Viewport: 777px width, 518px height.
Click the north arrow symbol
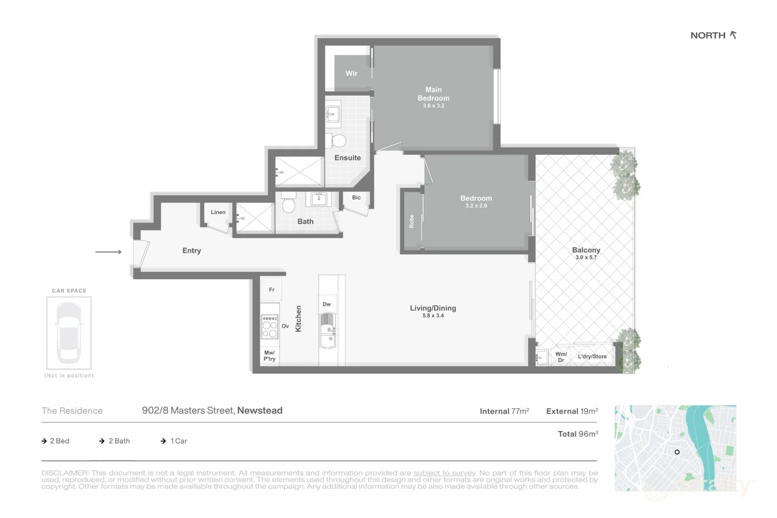pos(733,35)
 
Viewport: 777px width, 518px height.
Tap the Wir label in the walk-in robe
pos(351,73)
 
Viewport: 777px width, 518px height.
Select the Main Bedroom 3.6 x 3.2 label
pos(433,97)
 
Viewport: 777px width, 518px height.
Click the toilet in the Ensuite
pos(339,141)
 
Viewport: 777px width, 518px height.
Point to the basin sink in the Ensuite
pos(333,114)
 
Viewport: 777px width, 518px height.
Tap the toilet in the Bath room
pos(288,204)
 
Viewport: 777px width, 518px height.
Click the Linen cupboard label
pos(218,212)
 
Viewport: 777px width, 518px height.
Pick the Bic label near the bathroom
pos(356,197)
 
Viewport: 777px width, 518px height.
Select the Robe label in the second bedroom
pos(412,221)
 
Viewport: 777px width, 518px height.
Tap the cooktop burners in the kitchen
pos(270,327)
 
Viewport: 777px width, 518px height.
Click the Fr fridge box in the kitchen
pos(271,289)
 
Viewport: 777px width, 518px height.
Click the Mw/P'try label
pos(270,355)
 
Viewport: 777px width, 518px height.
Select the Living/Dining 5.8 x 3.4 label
pos(433,311)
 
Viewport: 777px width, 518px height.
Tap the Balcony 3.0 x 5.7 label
pos(586,253)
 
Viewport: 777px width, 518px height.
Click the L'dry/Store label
pos(592,356)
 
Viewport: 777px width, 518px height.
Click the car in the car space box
pos(69,332)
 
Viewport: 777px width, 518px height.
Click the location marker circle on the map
pos(677,452)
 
